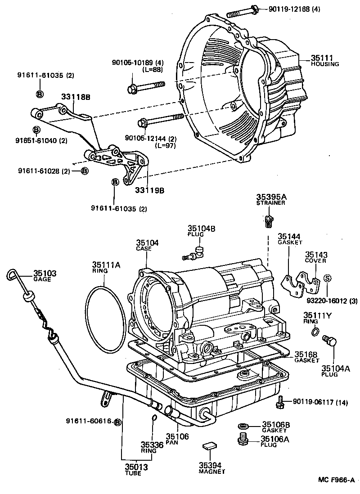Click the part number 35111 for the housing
point(320,58)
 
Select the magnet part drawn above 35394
point(209,445)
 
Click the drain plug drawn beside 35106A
point(243,438)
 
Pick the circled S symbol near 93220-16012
point(327,278)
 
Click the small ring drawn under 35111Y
point(316,332)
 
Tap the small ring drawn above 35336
point(154,419)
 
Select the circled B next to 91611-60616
point(118,422)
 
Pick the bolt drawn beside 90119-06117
point(281,401)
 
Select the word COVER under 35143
point(315,260)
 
